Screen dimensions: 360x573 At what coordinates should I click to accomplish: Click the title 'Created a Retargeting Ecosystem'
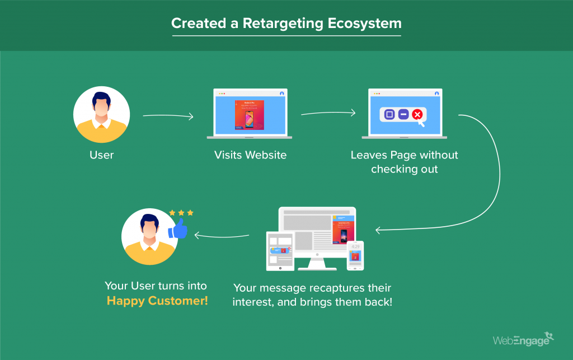[286, 24]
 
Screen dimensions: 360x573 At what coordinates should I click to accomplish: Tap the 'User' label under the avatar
[101, 155]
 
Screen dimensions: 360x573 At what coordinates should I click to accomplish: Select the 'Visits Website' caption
[250, 155]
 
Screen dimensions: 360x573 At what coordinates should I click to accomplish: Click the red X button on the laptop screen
[417, 115]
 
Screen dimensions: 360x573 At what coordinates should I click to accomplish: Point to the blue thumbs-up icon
[178, 230]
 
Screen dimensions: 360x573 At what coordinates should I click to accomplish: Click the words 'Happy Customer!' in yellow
[157, 301]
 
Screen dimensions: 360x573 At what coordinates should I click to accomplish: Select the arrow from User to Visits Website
[168, 116]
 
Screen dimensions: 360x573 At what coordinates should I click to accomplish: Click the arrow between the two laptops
[328, 113]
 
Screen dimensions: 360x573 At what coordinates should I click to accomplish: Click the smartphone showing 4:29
[355, 255]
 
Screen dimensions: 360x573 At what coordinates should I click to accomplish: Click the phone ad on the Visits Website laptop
[250, 115]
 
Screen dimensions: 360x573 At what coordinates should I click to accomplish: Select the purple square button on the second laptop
[389, 115]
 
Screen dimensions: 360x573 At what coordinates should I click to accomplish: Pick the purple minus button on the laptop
[403, 115]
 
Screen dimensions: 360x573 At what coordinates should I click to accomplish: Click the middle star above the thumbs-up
[181, 213]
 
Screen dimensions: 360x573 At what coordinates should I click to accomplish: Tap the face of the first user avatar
[101, 107]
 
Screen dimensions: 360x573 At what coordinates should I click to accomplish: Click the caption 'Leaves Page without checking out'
[404, 162]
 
